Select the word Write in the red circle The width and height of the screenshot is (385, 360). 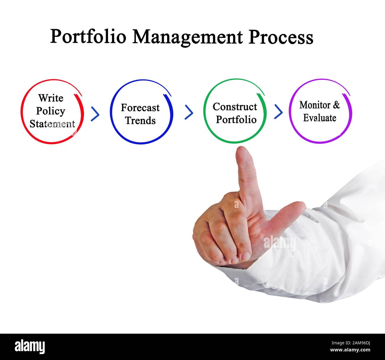click(x=51, y=98)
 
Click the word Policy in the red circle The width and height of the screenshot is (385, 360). click(x=51, y=111)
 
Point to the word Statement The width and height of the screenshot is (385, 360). click(x=52, y=124)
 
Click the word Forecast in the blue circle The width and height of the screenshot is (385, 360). click(x=140, y=107)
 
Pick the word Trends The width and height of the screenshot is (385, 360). click(x=140, y=120)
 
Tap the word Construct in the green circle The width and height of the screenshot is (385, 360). click(x=235, y=106)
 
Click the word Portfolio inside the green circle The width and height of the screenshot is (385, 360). click(x=236, y=120)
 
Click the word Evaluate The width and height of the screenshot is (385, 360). click(x=320, y=118)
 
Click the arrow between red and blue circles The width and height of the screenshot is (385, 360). click(x=95, y=114)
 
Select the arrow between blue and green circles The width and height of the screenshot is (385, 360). click(x=189, y=112)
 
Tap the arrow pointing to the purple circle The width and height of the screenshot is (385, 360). click(x=278, y=112)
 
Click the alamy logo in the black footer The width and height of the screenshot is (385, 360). click(x=30, y=346)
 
